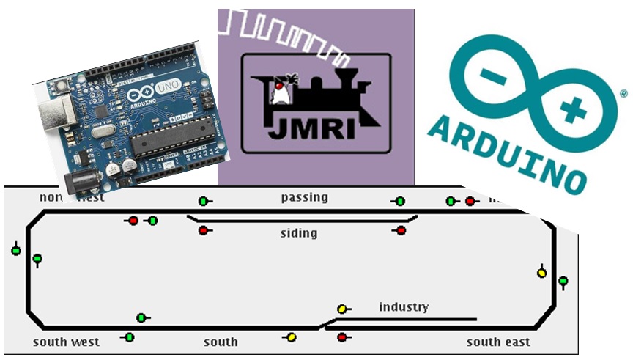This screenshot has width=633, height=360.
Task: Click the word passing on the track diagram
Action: [x=304, y=197]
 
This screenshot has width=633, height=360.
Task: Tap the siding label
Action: [x=299, y=233]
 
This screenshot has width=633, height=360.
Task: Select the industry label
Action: [x=404, y=306]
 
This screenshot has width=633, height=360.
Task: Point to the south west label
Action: [x=66, y=342]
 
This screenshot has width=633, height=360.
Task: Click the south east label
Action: [x=498, y=342]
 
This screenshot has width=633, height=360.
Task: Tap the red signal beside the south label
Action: [x=341, y=337]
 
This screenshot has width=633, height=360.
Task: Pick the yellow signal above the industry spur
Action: [x=341, y=309]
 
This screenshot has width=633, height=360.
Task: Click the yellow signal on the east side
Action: [x=541, y=273]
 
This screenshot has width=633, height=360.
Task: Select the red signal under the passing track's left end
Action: [x=203, y=230]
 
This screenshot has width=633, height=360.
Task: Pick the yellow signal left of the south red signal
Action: [x=291, y=337]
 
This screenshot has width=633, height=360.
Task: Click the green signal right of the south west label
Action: [x=130, y=337]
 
